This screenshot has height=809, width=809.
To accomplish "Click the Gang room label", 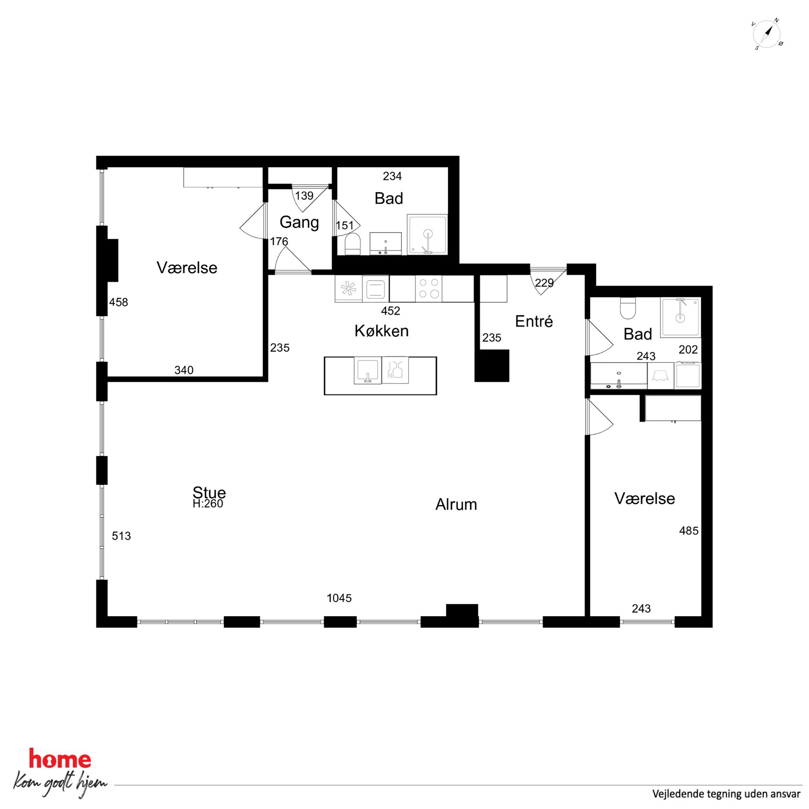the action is tap(299, 222).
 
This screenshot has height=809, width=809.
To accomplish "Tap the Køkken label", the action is tap(382, 331).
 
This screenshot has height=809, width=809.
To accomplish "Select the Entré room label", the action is tap(534, 321).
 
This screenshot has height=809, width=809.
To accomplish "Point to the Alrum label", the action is tap(456, 504).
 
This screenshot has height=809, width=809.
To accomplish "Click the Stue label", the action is tap(209, 493).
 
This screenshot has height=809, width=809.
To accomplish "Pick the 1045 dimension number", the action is tap(339, 598).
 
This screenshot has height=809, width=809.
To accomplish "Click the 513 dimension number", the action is tap(122, 536).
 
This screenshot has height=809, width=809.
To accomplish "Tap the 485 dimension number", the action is tap(689, 530).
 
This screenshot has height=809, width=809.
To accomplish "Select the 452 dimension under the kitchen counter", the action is tap(390, 311).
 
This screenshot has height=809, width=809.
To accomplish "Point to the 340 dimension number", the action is tap(184, 370).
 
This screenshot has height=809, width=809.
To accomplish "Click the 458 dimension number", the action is tap(119, 302).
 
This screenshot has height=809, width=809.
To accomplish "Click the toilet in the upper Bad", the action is tap(353, 244).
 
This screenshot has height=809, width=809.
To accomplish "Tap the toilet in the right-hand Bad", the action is tap(628, 308).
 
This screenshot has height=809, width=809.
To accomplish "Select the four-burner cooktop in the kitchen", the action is tap(429, 288).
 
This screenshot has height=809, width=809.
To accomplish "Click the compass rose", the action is tap(767, 34).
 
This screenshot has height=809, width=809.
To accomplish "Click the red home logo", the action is tap(60, 759).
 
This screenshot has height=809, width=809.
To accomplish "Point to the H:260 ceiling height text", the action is tap(208, 503).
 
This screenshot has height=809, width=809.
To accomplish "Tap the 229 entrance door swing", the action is tap(548, 280).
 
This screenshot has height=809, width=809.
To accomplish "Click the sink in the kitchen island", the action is tap(367, 370).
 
